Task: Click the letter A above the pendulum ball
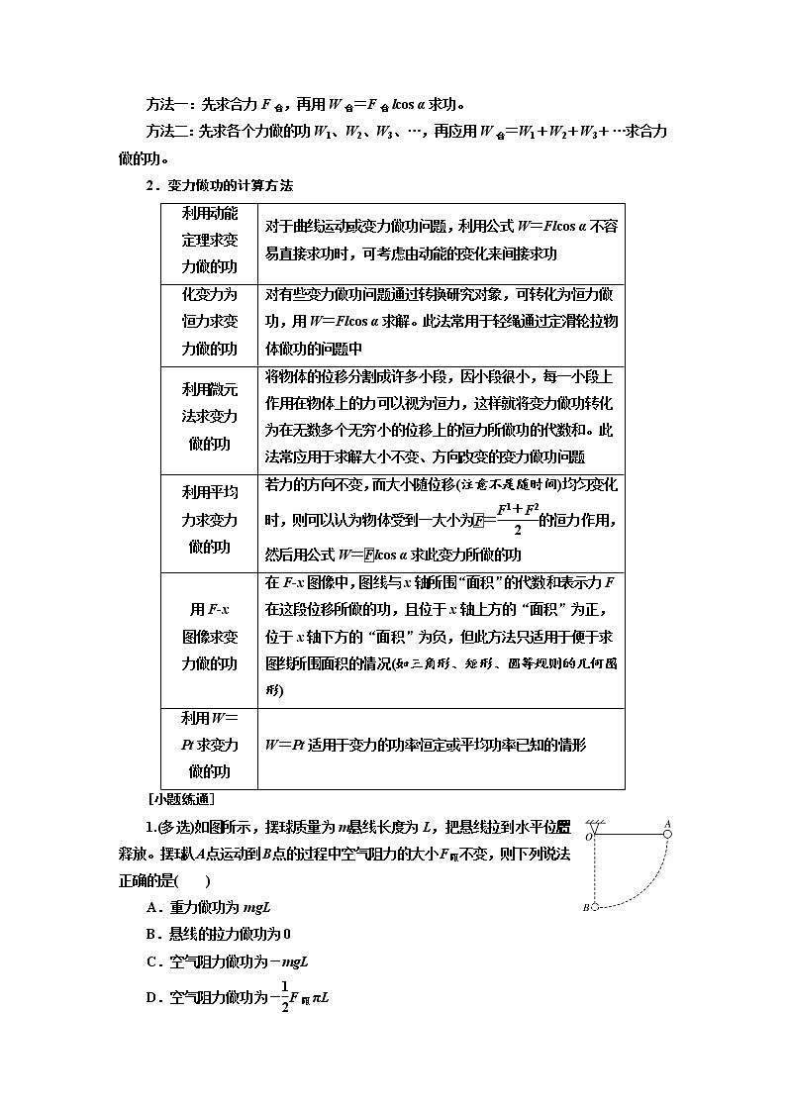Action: (x=667, y=822)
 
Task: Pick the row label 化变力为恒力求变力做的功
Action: (x=209, y=322)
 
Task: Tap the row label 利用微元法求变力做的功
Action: (x=209, y=416)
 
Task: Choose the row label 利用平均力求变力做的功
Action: (x=209, y=520)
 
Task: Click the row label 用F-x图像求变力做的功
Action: (x=209, y=637)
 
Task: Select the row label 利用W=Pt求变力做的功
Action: (x=209, y=746)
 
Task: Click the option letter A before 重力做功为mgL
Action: (x=150, y=907)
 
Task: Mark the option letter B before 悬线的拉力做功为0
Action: (x=150, y=934)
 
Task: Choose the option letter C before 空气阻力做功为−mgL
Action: (x=150, y=961)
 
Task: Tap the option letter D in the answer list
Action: (x=150, y=997)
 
